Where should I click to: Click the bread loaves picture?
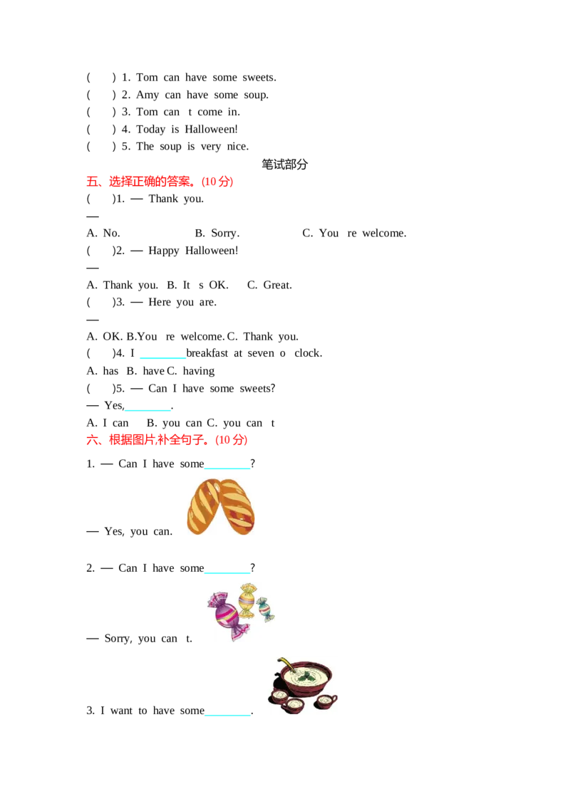[221, 506]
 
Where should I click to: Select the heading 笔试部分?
[284, 164]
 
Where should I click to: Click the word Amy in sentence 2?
[147, 95]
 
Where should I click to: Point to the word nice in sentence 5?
[237, 147]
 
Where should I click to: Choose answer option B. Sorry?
[217, 234]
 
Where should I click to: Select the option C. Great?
[269, 285]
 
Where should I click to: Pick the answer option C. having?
[191, 371]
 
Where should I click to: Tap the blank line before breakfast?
[162, 357]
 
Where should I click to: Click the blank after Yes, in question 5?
[147, 409]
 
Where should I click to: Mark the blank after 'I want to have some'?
[227, 714]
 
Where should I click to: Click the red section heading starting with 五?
[160, 182]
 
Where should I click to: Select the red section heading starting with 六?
[167, 440]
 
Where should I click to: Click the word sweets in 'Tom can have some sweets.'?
[259, 78]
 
